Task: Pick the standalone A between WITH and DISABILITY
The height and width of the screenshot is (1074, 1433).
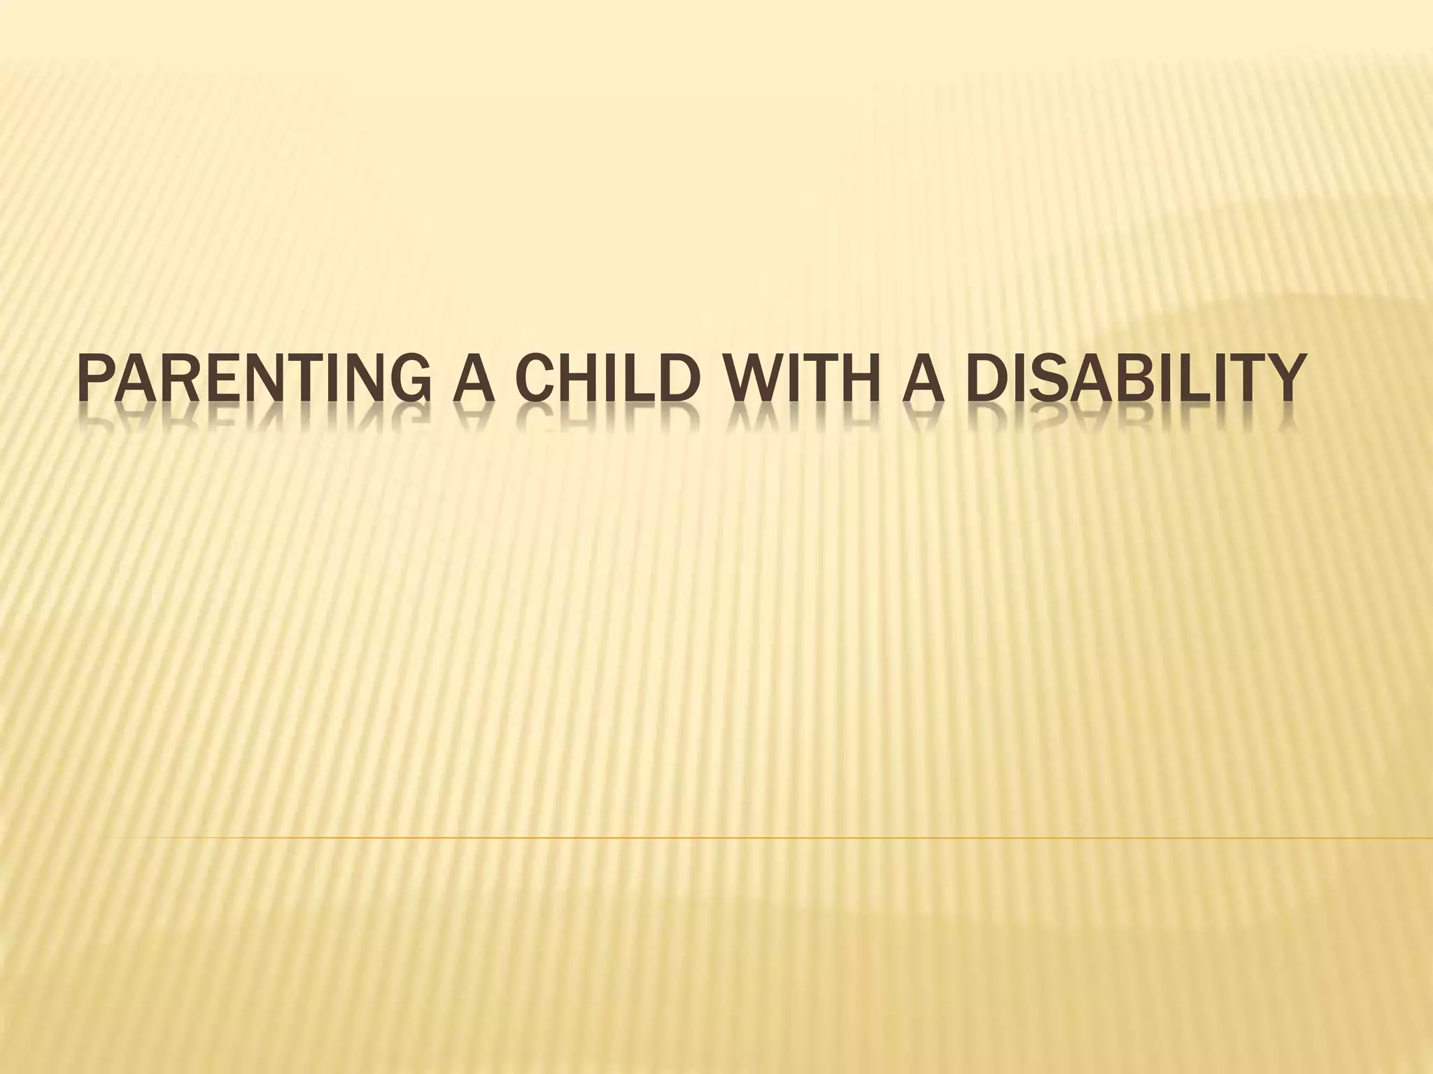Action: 922,381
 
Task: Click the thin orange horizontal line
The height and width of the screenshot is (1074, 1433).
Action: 770,837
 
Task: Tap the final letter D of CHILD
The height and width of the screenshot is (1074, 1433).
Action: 682,381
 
